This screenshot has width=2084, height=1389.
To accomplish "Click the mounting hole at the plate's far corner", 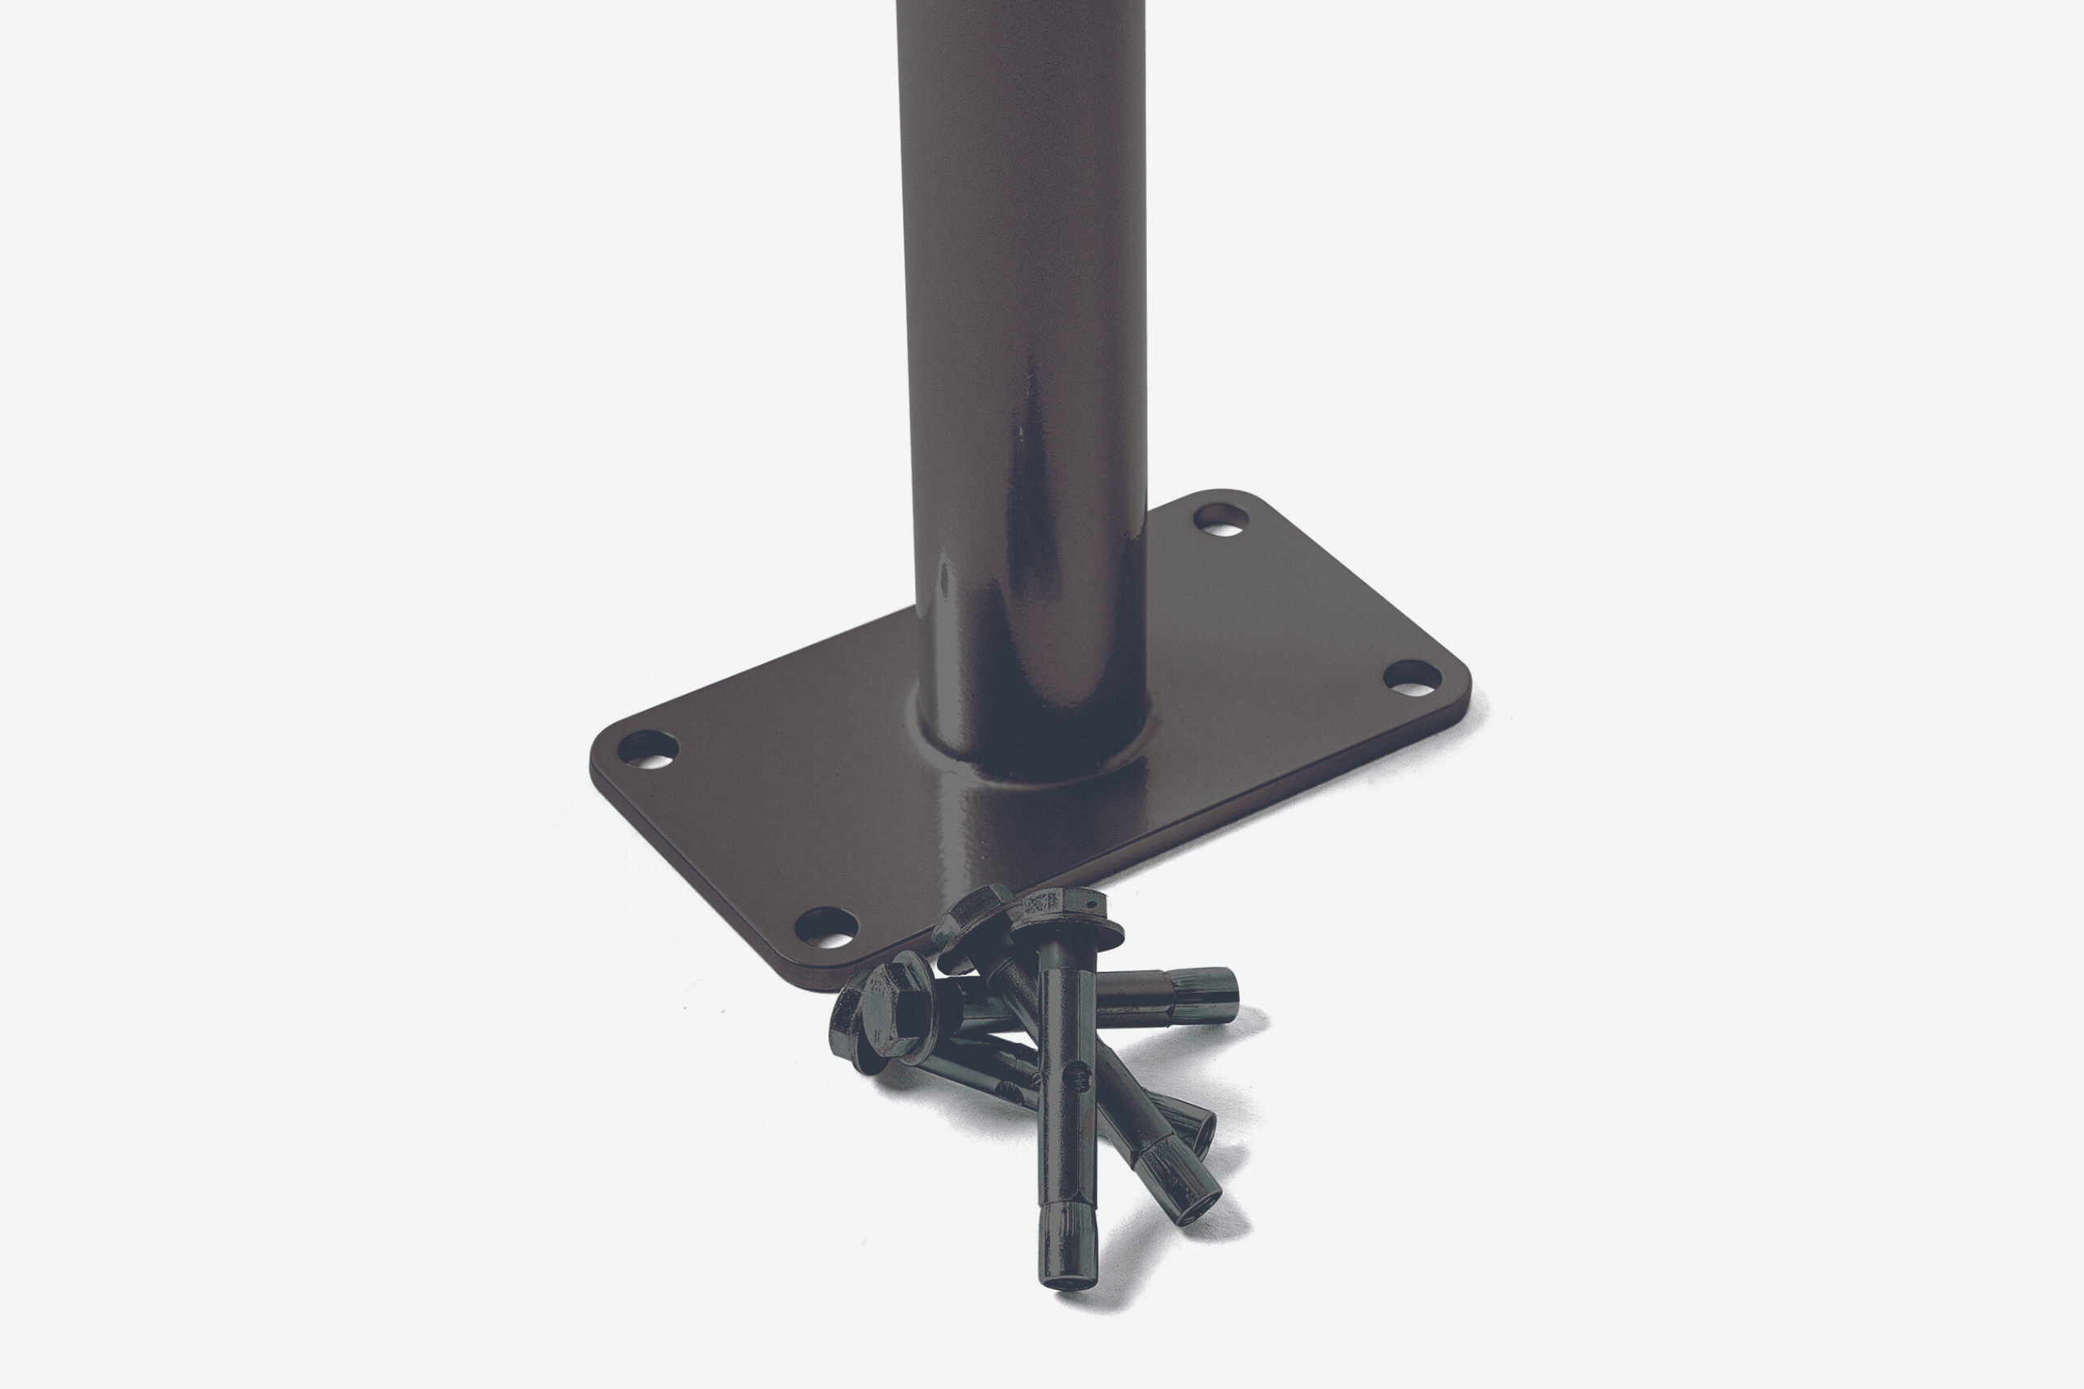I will tap(1222, 520).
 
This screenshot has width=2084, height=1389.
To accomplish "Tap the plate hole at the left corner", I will tap(647, 749).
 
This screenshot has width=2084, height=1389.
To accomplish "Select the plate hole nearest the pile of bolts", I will tap(825, 928).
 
